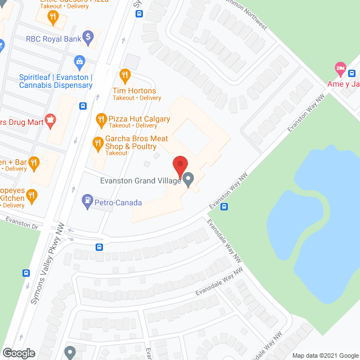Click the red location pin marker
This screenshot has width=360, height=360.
[180, 165]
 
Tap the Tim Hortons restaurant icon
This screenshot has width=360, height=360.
[125, 75]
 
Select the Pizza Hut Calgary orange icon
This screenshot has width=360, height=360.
[101, 119]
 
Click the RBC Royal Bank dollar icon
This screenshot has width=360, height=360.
[87, 38]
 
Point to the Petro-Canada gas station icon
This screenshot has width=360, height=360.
[87, 200]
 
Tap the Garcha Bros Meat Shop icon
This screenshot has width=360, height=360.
[97, 142]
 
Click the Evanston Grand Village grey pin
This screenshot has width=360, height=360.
[188, 180]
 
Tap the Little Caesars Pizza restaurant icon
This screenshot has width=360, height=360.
[53, 16]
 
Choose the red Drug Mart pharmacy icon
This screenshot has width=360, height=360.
[51, 119]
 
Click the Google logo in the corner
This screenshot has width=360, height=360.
[18, 353]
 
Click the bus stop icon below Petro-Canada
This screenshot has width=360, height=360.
[99, 246]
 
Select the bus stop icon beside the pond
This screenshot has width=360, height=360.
[224, 206]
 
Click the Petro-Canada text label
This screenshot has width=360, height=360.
[119, 202]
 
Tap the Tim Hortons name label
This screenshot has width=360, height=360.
[135, 91]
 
